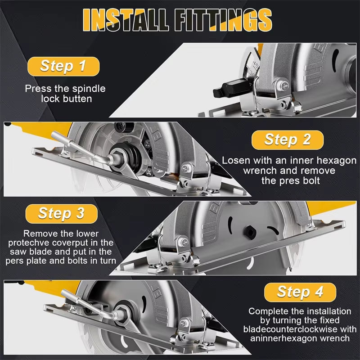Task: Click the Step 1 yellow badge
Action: pyautogui.click(x=63, y=66)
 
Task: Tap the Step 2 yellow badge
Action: pyautogui.click(x=288, y=139)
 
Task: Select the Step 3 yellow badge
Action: pyautogui.click(x=62, y=213)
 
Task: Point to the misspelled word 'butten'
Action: pyautogui.click(x=77, y=99)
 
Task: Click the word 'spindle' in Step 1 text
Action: pyautogui.click(x=90, y=89)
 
